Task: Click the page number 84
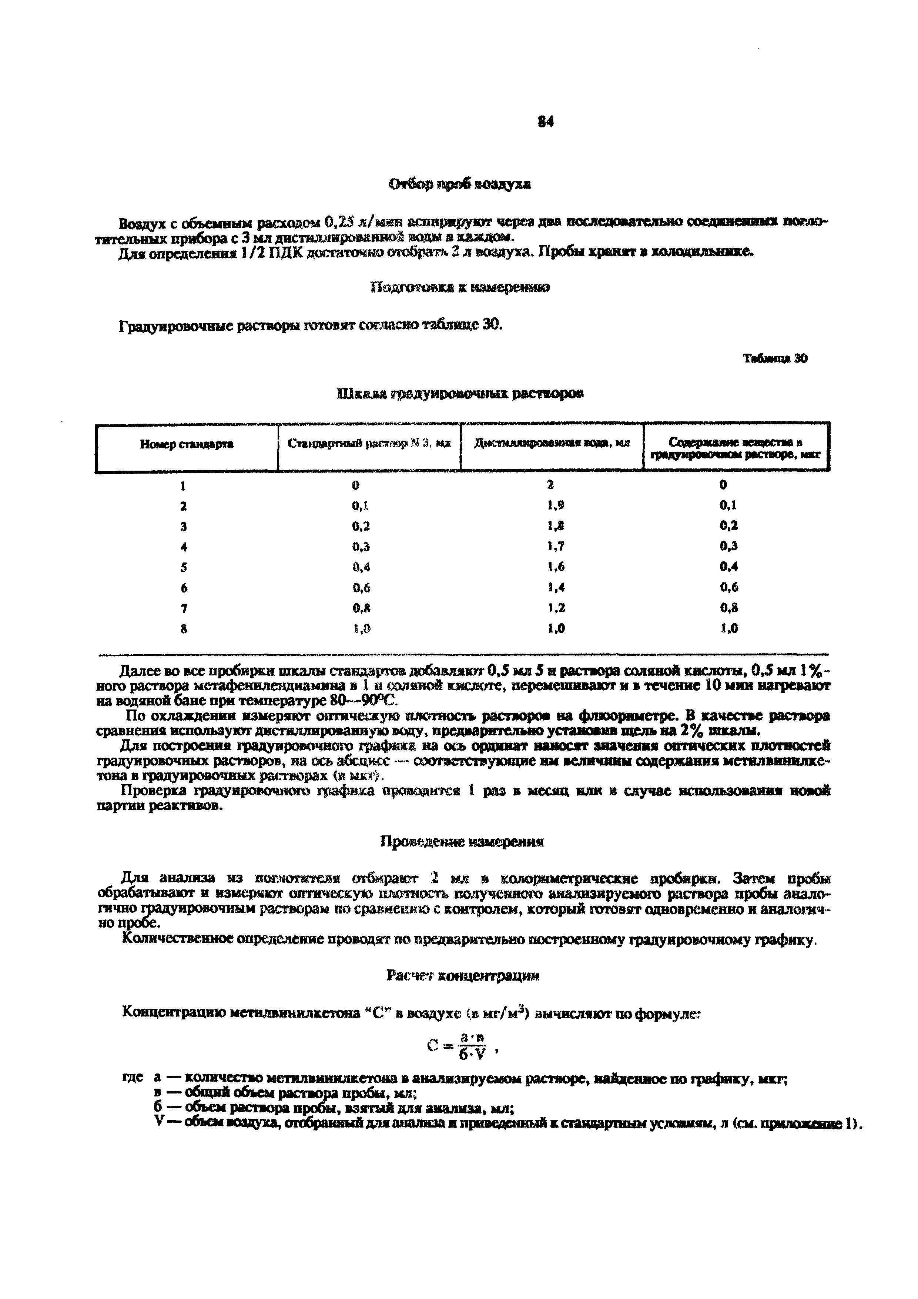point(546,121)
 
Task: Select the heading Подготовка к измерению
point(459,287)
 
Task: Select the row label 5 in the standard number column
point(184,567)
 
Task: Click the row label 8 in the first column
point(184,628)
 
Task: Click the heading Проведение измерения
point(462,842)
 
